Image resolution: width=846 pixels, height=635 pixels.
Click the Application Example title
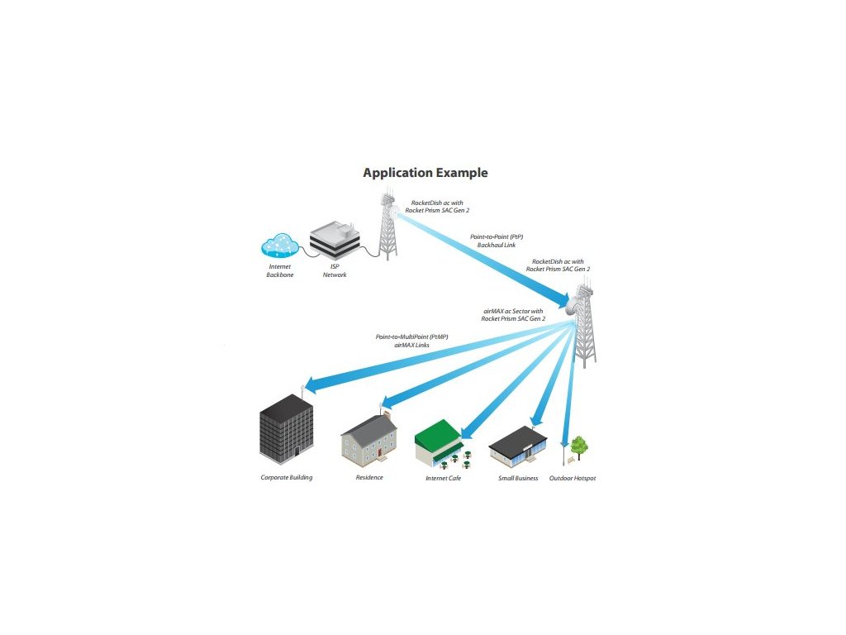[x=425, y=173]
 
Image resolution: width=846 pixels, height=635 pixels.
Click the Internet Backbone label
[x=279, y=270]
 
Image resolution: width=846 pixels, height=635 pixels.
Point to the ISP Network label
[x=335, y=270]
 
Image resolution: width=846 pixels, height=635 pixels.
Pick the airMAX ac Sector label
[x=513, y=314]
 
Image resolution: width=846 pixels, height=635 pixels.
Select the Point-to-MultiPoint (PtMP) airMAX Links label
[x=412, y=341]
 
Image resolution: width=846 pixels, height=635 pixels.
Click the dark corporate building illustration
[x=286, y=429]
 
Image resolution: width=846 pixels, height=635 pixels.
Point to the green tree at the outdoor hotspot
[x=579, y=446]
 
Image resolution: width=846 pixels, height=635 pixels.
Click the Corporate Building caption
[x=287, y=478]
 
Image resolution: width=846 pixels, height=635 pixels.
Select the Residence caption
[x=369, y=478]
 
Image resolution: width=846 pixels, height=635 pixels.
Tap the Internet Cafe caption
[x=443, y=478]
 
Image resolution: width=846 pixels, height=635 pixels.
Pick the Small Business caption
[x=518, y=478]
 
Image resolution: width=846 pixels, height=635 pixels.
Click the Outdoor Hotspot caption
[x=573, y=478]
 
